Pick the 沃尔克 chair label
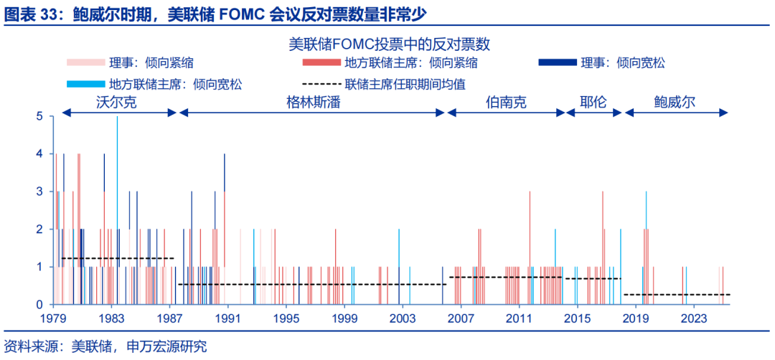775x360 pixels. pos(116,103)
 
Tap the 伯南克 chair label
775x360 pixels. pos(506,103)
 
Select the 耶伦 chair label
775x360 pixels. pos(593,103)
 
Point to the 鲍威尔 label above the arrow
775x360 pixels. pos(675,103)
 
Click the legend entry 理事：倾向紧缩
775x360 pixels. pos(130,62)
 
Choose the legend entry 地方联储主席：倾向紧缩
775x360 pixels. pos(390,62)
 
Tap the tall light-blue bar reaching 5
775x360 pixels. pos(117,210)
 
